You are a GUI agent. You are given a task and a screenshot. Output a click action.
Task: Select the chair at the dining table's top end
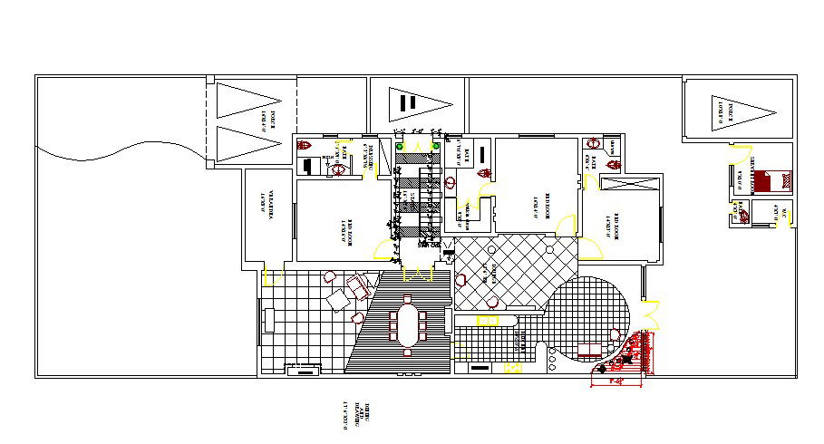click(408, 300)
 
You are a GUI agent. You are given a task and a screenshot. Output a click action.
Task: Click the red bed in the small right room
click(763, 181)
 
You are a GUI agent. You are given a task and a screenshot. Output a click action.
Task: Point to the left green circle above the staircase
click(401, 145)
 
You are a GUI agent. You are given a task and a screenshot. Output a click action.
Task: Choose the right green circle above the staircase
click(437, 145)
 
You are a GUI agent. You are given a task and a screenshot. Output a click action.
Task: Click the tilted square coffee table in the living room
click(339, 299)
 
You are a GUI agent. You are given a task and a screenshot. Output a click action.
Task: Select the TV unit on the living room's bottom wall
click(303, 368)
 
